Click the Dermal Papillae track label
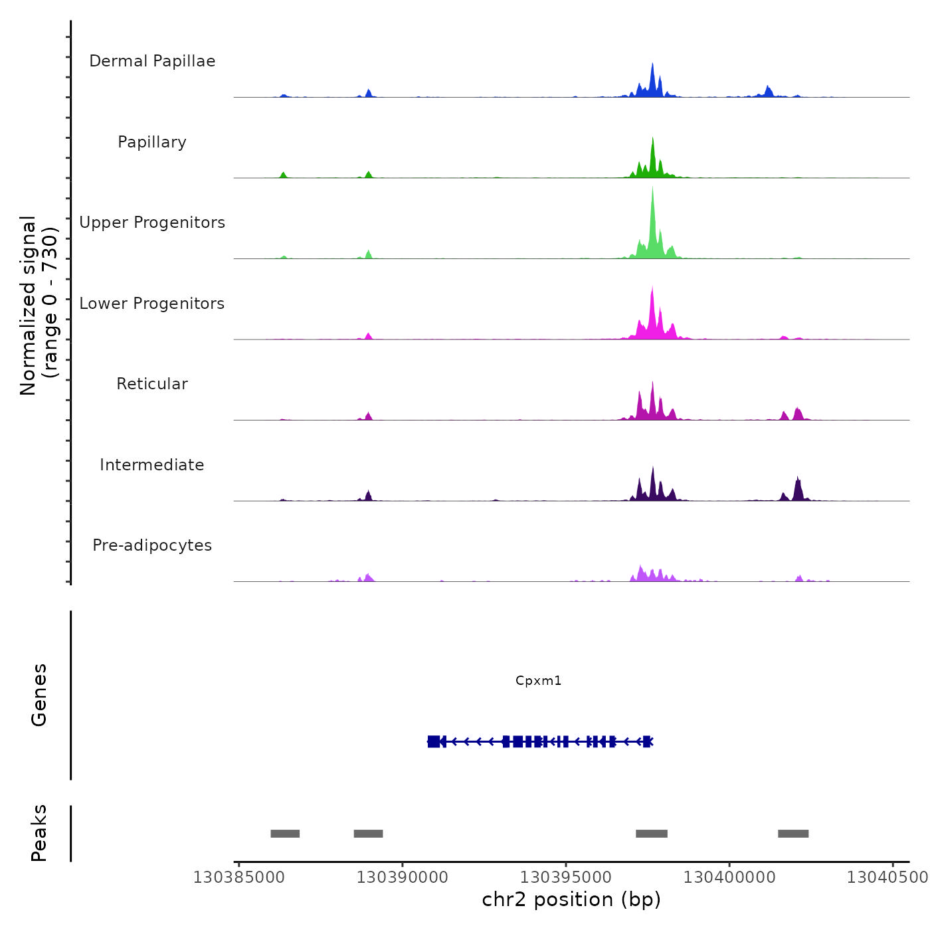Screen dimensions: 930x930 (152, 61)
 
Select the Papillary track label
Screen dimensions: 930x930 (152, 142)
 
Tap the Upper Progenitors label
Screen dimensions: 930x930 (152, 223)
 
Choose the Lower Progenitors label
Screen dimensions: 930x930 (152, 304)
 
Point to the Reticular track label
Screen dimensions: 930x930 (152, 384)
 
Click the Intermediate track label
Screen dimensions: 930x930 (152, 465)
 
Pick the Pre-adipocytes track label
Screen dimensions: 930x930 (152, 545)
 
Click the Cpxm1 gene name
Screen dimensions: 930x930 (539, 681)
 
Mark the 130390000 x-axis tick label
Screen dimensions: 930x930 (402, 878)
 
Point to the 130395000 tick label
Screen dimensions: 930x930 (565, 878)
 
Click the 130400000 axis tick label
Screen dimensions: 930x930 (729, 878)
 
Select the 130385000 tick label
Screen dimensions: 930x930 (239, 878)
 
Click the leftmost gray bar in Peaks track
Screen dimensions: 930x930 (285, 834)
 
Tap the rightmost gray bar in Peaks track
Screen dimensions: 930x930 (793, 834)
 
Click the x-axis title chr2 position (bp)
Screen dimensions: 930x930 (571, 899)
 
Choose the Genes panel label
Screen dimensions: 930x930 (39, 695)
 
